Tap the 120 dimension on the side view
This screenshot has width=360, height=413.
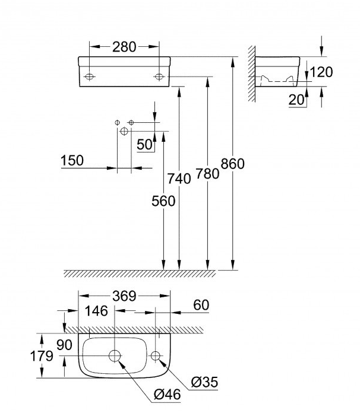click(x=321, y=72)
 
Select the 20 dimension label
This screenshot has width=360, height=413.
click(x=296, y=100)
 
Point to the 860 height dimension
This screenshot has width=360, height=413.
click(x=232, y=164)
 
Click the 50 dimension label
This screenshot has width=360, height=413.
click(x=144, y=144)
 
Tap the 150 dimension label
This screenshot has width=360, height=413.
click(x=71, y=160)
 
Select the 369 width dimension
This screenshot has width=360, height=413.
click(x=125, y=296)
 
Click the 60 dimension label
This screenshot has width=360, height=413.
click(x=201, y=305)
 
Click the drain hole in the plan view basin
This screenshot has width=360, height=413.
click(x=115, y=356)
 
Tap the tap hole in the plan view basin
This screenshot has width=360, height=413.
click(x=156, y=356)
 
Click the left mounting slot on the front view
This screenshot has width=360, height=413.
click(x=89, y=76)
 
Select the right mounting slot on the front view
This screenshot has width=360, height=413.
click(x=159, y=76)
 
